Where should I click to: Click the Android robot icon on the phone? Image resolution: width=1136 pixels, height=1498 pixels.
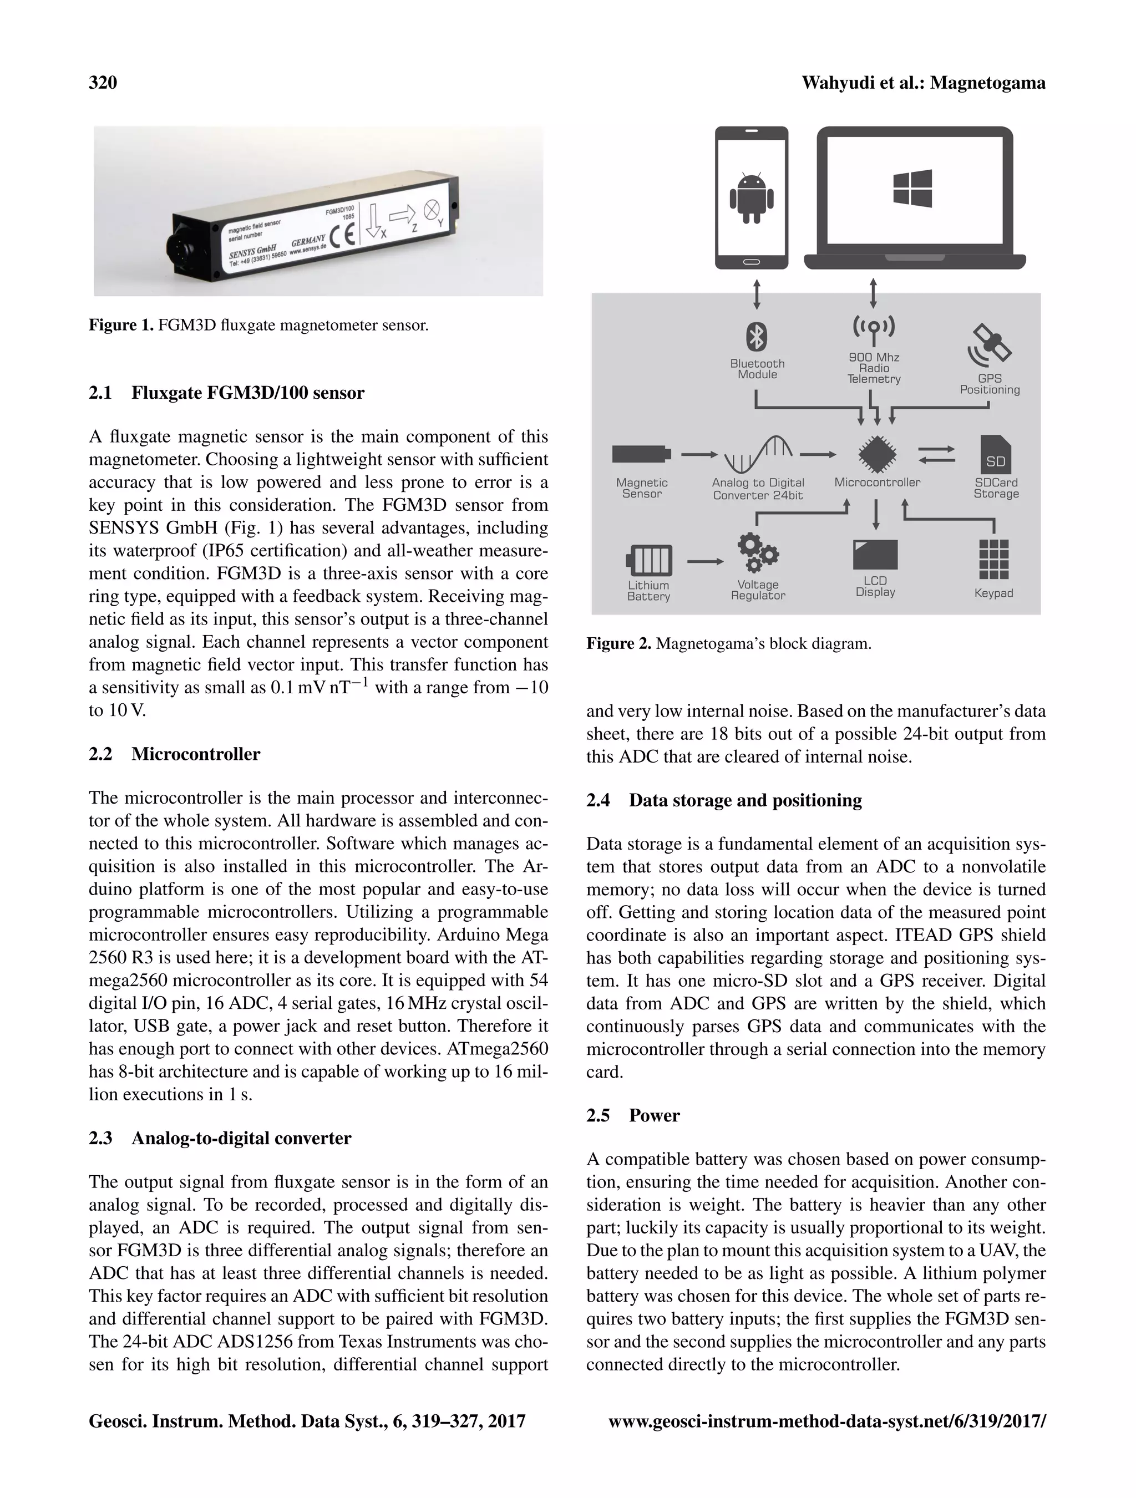tap(751, 196)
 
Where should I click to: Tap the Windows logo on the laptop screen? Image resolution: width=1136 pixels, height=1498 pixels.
tap(912, 187)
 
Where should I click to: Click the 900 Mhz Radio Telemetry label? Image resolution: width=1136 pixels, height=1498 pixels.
tap(874, 368)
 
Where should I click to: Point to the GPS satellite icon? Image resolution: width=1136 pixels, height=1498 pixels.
tap(989, 346)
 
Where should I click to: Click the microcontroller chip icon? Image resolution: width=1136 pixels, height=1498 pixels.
tap(877, 454)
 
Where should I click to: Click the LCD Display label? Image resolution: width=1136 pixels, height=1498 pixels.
tap(875, 586)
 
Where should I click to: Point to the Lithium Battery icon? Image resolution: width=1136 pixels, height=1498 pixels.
tap(649, 560)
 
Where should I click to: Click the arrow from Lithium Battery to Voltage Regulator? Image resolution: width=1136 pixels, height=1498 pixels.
tap(705, 561)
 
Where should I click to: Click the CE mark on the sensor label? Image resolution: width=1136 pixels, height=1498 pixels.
tap(343, 236)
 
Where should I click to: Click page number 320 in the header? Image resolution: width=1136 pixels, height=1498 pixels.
tap(103, 83)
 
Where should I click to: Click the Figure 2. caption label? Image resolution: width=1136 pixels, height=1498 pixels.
tap(618, 643)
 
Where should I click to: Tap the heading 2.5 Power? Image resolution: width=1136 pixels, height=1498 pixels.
tap(633, 1115)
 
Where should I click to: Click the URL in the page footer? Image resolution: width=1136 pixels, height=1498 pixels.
tap(827, 1421)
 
